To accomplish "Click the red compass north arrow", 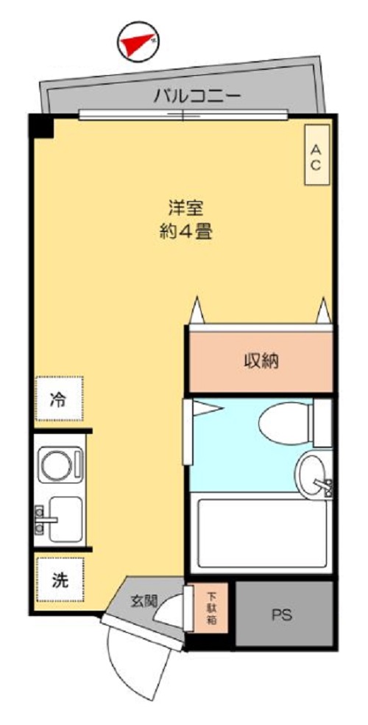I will coord(138,44).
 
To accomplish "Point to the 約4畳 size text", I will coord(186,233).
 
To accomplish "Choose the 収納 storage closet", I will coord(261,361).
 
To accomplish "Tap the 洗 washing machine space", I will coord(59,579).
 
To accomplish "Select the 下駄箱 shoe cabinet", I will coord(211,608).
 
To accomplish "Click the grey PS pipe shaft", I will coord(281,614).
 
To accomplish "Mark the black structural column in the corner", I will coord(42,126).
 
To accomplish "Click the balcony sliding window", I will coord(183,114).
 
